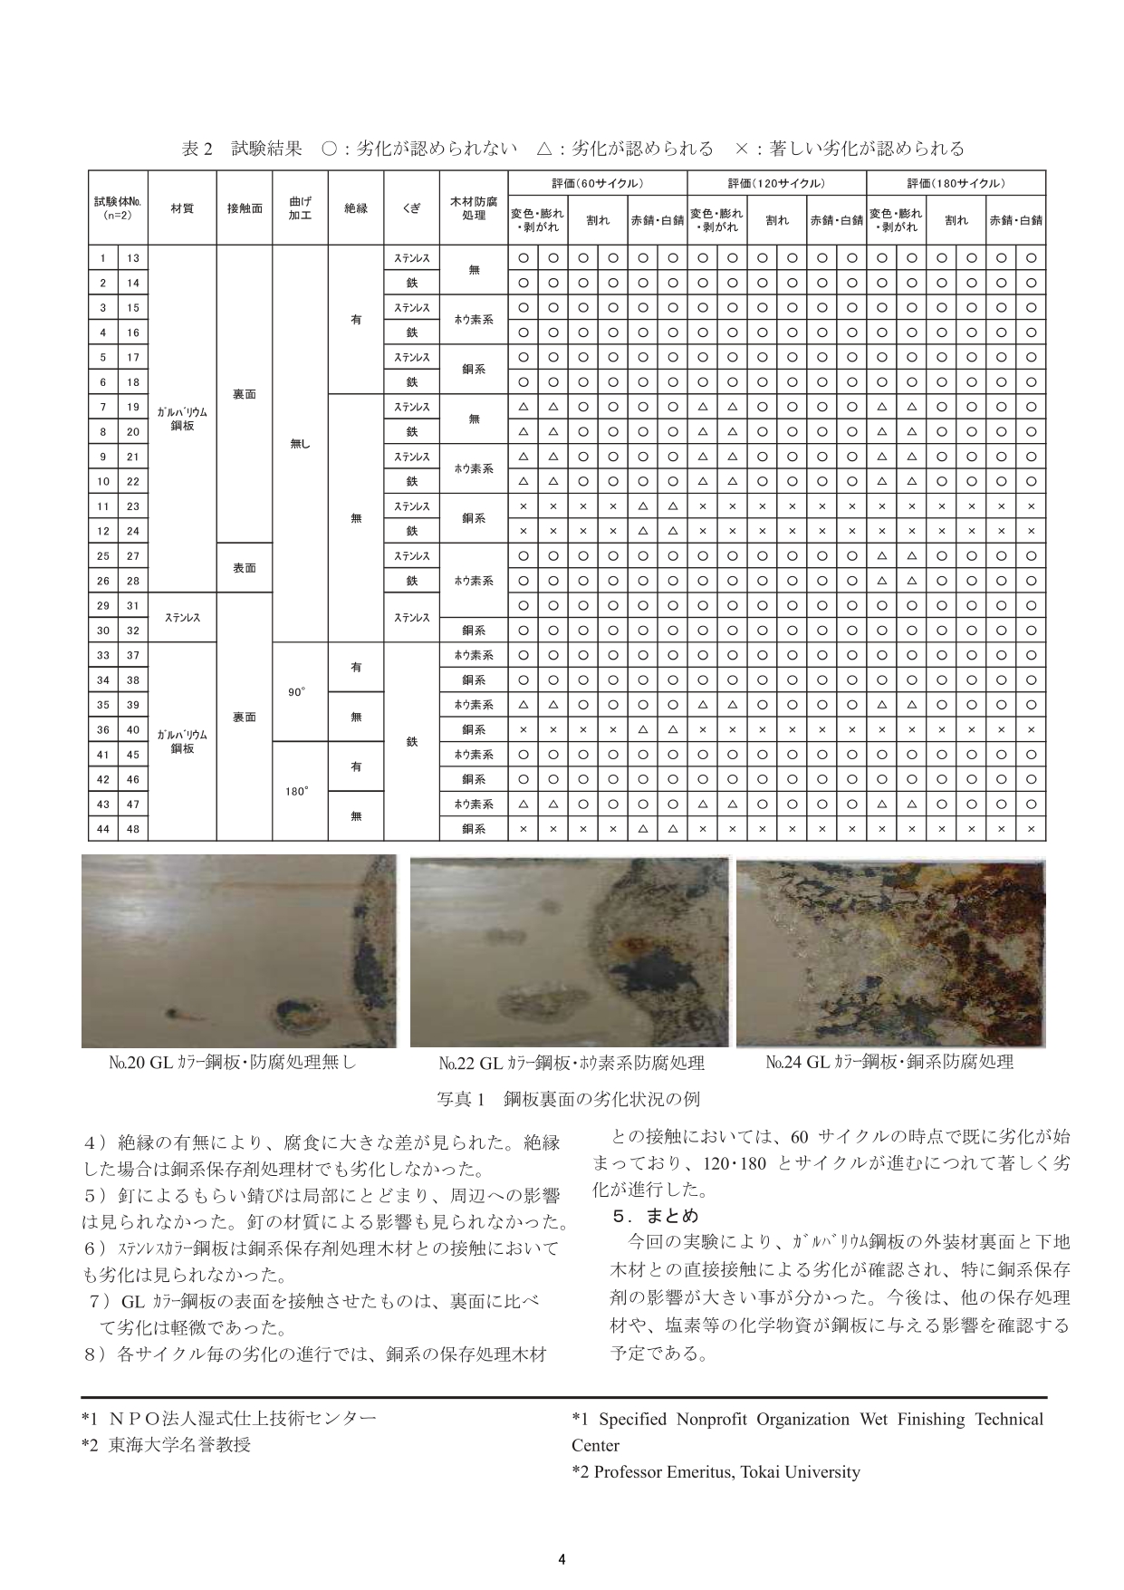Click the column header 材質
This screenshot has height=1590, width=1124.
tap(182, 207)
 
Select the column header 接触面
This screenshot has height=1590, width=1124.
tap(245, 207)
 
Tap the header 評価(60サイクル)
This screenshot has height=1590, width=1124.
tap(598, 182)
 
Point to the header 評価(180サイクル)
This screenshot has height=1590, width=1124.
tap(956, 182)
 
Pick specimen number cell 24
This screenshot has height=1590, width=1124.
tap(133, 531)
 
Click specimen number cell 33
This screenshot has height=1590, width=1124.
tap(103, 655)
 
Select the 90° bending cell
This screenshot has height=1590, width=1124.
tap(296, 692)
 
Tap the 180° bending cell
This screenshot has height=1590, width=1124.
tap(296, 791)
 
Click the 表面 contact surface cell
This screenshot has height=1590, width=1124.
tap(245, 568)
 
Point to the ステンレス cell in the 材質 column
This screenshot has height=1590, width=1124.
tap(182, 618)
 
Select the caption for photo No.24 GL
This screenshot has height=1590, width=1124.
tap(889, 1062)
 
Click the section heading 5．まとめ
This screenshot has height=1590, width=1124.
tap(656, 1215)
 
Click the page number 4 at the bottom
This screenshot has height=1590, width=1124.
tap(562, 1559)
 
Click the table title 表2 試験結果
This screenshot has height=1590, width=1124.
tap(242, 149)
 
